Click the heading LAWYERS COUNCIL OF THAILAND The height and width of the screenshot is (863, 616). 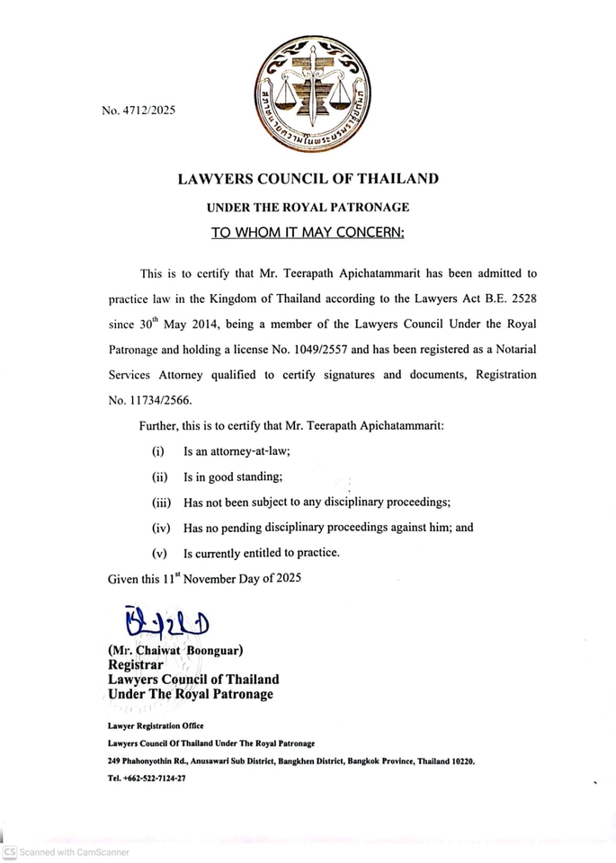click(308, 179)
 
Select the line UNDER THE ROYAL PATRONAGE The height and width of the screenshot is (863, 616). click(308, 207)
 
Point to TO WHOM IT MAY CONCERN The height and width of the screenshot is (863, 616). click(308, 233)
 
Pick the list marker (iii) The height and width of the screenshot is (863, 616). click(161, 502)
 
